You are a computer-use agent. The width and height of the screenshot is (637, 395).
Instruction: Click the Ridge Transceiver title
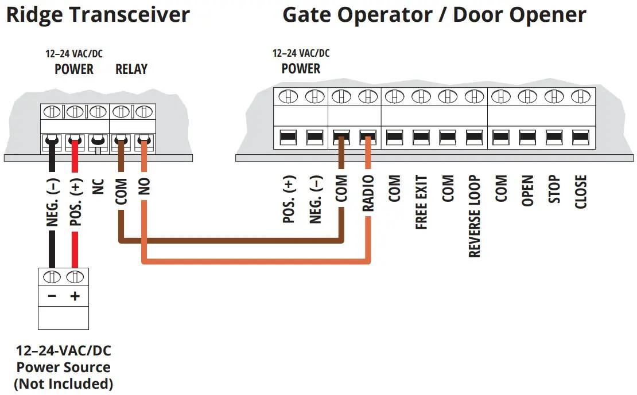[x=98, y=15]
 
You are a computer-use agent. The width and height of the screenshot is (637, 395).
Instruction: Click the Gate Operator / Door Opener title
[x=434, y=15]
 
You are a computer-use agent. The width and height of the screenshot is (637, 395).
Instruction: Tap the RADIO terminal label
[x=368, y=193]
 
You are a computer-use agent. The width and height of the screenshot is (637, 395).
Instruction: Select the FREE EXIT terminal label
[x=421, y=203]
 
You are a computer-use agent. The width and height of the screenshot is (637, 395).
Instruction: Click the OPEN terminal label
[x=527, y=191]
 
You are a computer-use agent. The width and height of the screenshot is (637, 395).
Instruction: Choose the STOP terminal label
[x=554, y=190]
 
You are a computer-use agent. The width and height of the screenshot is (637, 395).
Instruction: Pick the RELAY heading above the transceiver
[x=131, y=69]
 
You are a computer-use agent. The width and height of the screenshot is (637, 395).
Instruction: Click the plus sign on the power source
[x=73, y=296]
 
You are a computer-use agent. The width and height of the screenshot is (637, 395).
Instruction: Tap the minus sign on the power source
[x=52, y=296]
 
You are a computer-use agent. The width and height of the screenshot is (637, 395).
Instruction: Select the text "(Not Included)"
[x=63, y=383]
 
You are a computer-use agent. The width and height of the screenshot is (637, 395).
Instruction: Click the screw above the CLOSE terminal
[x=581, y=96]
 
